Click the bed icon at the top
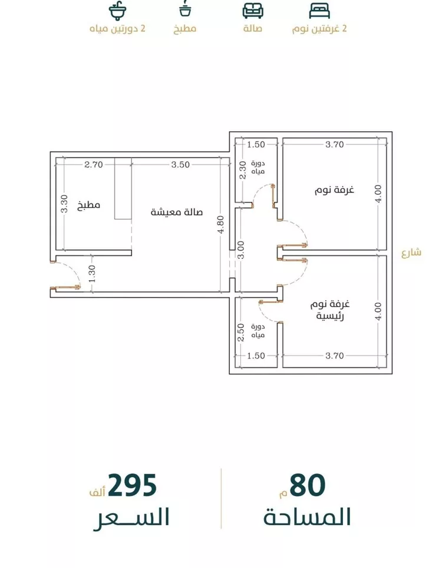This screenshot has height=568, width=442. pyautogui.click(x=319, y=11)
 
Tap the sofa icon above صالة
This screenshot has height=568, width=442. pyautogui.click(x=253, y=11)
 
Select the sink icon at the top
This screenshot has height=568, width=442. pyautogui.click(x=117, y=11)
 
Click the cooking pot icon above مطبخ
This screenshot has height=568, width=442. pyautogui.click(x=185, y=9)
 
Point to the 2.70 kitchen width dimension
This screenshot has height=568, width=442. pyautogui.click(x=94, y=164)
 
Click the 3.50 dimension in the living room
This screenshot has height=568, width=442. pyautogui.click(x=180, y=164)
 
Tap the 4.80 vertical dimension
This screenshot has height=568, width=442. pyautogui.click(x=221, y=225)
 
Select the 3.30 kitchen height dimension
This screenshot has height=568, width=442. pyautogui.click(x=64, y=204)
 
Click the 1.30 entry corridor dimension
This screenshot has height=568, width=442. pyautogui.click(x=92, y=274)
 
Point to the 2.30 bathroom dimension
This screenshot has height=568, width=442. pyautogui.click(x=243, y=170)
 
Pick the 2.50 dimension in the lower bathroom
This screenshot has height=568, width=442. pyautogui.click(x=241, y=333)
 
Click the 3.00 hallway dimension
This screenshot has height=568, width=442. pyautogui.click(x=241, y=250)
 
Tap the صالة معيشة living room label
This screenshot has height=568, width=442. pyautogui.click(x=177, y=211)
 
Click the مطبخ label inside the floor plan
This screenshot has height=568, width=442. pyautogui.click(x=89, y=205)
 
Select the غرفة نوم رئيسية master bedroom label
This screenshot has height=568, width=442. pyautogui.click(x=329, y=310)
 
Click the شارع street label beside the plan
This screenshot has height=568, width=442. pyautogui.click(x=411, y=252)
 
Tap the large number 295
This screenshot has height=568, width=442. pyautogui.click(x=132, y=486)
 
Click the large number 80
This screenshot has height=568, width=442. pyautogui.click(x=307, y=486)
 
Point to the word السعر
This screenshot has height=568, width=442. pyautogui.click(x=131, y=517)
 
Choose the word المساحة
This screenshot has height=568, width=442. pyautogui.click(x=307, y=517)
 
